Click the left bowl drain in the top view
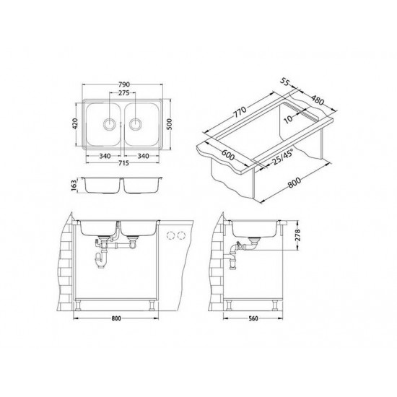pyautogui.click(x=109, y=123)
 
